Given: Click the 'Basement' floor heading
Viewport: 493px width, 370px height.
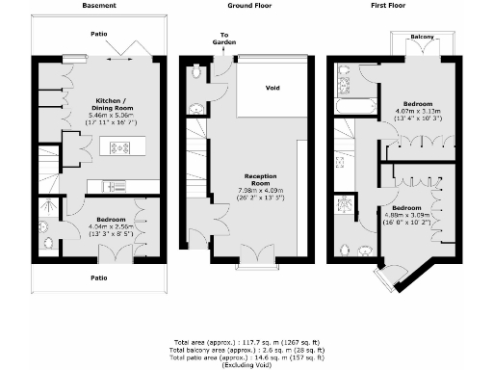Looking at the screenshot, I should click(100, 6).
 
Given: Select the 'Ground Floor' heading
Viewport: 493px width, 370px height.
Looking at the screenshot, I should click(247, 6).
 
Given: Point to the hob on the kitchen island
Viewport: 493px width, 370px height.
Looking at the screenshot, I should click(123, 147).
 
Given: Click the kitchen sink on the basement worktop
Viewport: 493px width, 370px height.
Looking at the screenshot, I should click(113, 185).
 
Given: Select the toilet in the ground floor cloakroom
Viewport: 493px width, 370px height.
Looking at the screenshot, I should click(197, 71).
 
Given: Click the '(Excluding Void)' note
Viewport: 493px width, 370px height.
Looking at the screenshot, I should click(246, 365).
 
